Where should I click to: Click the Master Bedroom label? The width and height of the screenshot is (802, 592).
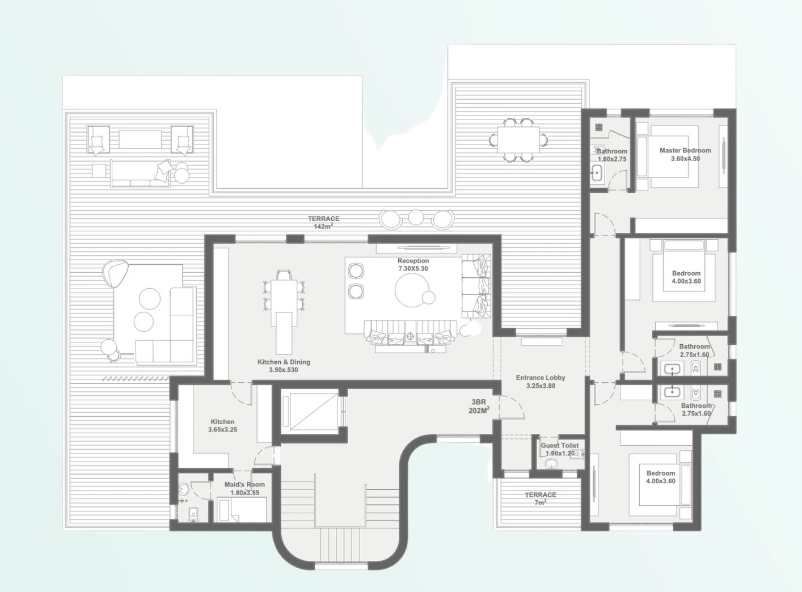(685, 154)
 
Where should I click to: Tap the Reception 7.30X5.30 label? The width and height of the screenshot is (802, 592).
(413, 265)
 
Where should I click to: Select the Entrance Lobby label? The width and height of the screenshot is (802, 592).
(541, 382)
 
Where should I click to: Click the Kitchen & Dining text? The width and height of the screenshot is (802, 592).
(284, 362)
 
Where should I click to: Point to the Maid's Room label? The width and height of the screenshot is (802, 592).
(244, 488)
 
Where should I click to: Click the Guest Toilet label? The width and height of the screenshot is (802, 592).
(560, 450)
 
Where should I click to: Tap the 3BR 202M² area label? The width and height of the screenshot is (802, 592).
(479, 407)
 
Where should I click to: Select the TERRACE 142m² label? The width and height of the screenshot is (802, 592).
(323, 222)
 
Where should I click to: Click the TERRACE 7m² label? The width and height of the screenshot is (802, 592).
(540, 498)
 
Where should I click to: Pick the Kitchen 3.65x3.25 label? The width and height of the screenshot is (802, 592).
(222, 426)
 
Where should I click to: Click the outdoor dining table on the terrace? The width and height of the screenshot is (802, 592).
(518, 139)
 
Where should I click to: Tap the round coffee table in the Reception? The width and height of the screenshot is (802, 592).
(411, 290)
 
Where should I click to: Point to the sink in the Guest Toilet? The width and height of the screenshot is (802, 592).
(551, 464)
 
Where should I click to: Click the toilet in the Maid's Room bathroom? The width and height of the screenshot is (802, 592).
(193, 514)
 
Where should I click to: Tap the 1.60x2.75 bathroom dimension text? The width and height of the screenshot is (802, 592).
(612, 159)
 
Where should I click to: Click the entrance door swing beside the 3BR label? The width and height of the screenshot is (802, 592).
(512, 407)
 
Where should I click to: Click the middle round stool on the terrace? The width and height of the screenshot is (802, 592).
(416, 217)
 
